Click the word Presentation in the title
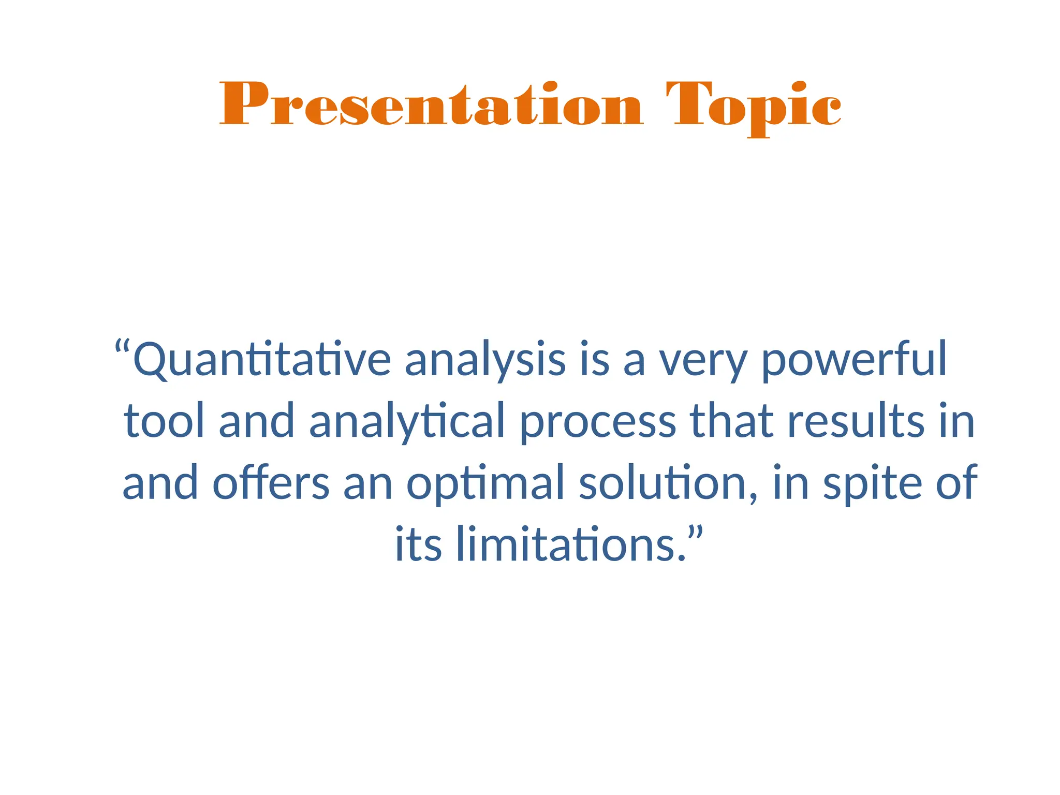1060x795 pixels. pyautogui.click(x=431, y=105)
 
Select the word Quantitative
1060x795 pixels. pyautogui.click(x=262, y=360)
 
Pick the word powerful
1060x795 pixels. pyautogui.click(x=854, y=360)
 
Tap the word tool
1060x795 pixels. pyautogui.click(x=164, y=421)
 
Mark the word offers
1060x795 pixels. pyautogui.click(x=271, y=482)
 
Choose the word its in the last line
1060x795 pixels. pyautogui.click(x=418, y=544)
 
